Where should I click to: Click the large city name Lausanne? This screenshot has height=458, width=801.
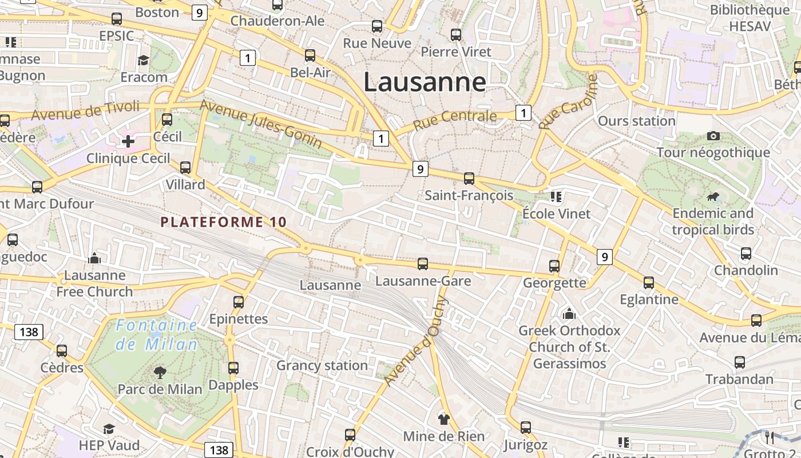click(425, 82)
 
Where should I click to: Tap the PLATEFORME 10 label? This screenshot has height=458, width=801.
click(223, 222)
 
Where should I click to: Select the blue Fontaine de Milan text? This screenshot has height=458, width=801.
click(156, 335)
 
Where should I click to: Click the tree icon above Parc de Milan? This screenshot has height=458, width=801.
click(160, 373)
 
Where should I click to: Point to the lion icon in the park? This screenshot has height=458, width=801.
click(713, 198)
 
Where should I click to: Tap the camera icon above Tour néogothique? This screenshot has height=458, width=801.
click(713, 136)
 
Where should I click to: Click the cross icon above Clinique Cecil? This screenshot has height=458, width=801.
click(128, 141)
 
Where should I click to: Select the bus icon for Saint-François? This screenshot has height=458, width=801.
click(469, 178)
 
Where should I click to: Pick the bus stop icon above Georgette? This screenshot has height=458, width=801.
click(554, 266)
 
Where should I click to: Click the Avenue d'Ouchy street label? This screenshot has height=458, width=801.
click(416, 341)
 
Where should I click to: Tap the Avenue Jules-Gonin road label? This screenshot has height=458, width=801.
click(260, 124)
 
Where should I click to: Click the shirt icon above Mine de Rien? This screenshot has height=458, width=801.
click(443, 419)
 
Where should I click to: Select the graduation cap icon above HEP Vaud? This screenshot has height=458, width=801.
click(109, 429)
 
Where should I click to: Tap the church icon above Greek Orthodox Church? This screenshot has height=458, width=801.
click(569, 314)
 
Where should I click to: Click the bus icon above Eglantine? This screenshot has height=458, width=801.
click(648, 282)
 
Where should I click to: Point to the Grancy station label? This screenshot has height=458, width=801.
click(322, 365)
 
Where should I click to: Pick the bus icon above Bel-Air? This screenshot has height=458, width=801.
click(310, 55)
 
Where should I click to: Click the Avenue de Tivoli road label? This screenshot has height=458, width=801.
click(85, 110)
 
